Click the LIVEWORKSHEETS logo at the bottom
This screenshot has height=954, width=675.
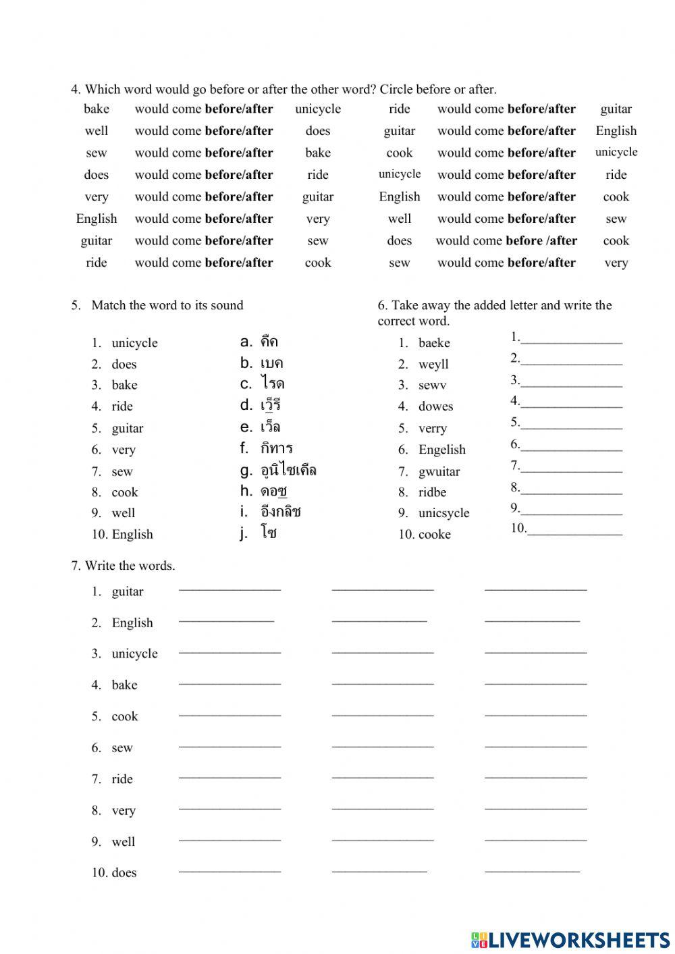(x=570, y=939)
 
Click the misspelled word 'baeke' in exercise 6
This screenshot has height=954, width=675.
(x=433, y=343)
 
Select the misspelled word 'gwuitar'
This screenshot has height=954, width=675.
(x=439, y=471)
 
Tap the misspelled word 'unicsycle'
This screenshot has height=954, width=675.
(x=443, y=513)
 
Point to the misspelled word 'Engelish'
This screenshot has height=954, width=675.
(x=441, y=450)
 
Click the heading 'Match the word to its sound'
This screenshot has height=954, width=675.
(x=167, y=305)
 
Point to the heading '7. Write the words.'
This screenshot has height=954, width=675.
(x=123, y=566)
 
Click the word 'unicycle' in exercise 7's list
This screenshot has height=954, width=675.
(x=134, y=654)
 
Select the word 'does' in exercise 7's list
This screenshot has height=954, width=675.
(x=124, y=872)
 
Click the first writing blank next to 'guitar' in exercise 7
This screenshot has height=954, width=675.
(x=230, y=590)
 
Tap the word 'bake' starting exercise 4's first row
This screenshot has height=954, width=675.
(x=97, y=109)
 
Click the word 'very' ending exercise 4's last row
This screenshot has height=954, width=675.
(x=616, y=263)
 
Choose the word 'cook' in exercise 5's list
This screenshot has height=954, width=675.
(x=124, y=492)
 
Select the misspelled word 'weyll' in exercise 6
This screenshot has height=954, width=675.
(x=433, y=365)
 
